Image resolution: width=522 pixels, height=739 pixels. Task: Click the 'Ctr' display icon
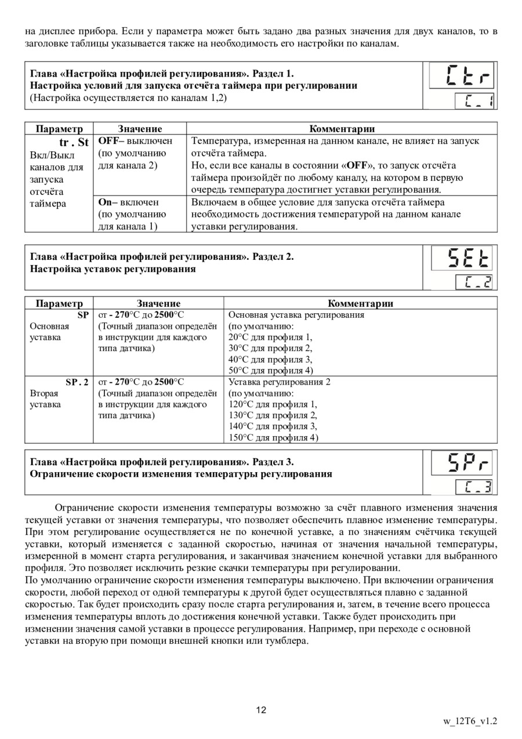click(x=462, y=76)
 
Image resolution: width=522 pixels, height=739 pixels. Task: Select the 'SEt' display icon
click(x=462, y=259)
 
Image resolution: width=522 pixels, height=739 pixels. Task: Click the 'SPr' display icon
click(x=462, y=463)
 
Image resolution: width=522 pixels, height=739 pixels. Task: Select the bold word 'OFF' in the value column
click(x=108, y=141)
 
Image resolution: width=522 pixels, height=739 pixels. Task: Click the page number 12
click(x=261, y=710)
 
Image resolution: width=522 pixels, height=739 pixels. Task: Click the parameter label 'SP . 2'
click(x=77, y=382)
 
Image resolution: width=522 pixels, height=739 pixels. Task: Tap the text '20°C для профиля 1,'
click(x=270, y=337)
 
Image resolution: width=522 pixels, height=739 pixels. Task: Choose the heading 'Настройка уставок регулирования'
click(x=113, y=269)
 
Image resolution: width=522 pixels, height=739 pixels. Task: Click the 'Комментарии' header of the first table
click(x=342, y=129)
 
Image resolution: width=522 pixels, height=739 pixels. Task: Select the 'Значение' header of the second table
click(x=158, y=303)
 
